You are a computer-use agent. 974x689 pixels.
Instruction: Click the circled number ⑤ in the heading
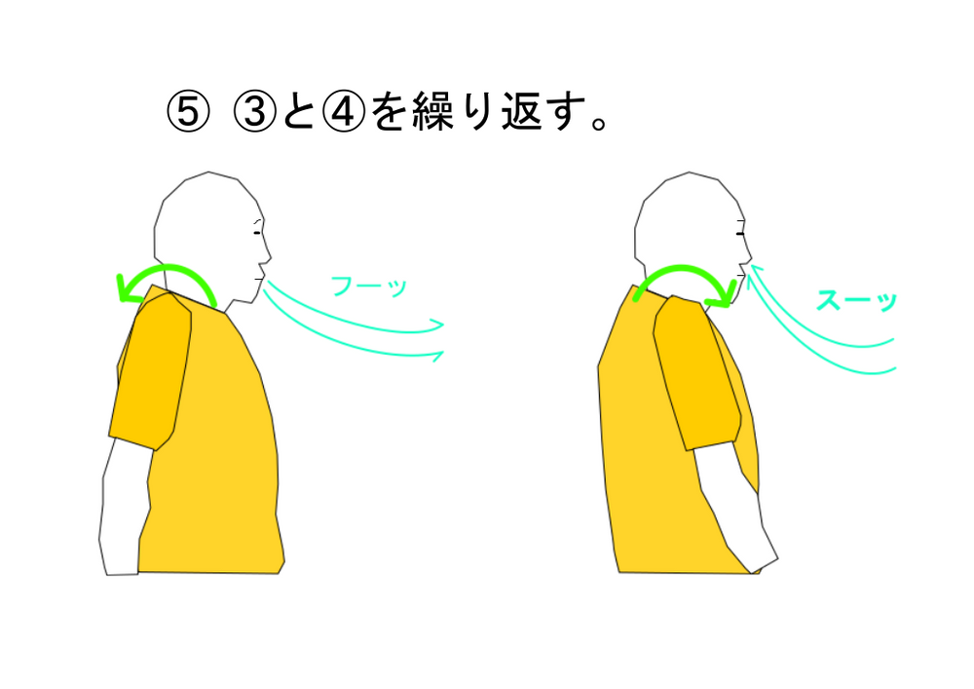tap(188, 112)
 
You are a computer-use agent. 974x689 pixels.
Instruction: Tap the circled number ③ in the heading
tap(254, 112)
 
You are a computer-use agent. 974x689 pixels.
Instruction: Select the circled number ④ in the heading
tap(344, 112)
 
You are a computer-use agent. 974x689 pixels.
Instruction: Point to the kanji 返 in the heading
tap(522, 112)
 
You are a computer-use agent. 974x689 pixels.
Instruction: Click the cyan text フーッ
tap(369, 287)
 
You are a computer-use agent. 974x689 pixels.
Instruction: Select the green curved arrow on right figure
tap(684, 269)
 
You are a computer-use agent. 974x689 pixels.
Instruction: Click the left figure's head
tap(208, 230)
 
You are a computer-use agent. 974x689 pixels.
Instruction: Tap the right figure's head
tap(690, 230)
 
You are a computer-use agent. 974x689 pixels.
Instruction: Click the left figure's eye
tap(256, 233)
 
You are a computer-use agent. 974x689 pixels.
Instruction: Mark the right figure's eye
tap(740, 234)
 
